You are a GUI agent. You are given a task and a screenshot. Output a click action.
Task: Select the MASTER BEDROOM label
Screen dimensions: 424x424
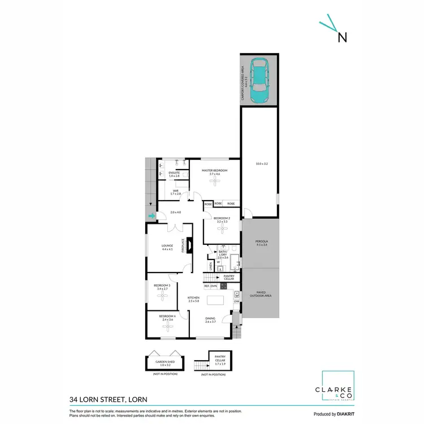click(214, 171)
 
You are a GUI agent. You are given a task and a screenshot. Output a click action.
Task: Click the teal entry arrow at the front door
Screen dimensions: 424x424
click(151, 215)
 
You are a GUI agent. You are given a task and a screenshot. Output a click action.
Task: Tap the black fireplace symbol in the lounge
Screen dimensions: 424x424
click(189, 245)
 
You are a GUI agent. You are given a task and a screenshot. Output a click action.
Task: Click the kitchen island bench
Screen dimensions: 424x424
click(215, 300)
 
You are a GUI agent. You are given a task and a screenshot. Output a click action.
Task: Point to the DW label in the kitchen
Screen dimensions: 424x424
click(236, 302)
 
